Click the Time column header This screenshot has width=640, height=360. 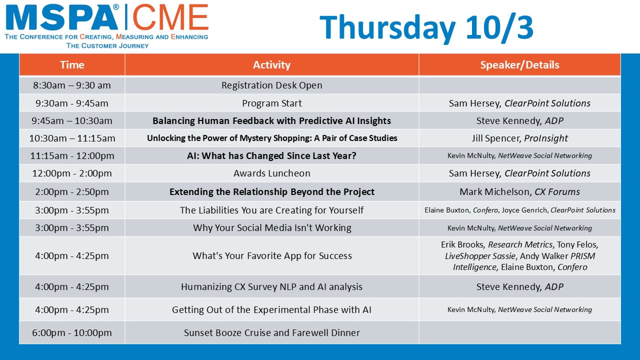72,65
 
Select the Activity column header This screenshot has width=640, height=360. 271,65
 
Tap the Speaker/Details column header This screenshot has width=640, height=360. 519,65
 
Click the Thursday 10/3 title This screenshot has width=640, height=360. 426,27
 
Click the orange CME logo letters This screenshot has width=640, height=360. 170,17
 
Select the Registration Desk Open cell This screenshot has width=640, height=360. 271,85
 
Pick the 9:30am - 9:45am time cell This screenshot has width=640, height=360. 72,103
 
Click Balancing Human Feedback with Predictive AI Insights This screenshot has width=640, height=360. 271,121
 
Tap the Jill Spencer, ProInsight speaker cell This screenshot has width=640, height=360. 519,138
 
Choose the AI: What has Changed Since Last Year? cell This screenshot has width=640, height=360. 271,155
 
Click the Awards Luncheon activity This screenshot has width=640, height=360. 271,173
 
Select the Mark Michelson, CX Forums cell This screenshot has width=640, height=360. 519,191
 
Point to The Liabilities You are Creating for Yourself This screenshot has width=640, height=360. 271,210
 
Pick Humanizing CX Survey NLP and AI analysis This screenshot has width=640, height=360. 271,286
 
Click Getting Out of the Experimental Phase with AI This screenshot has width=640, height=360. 271,309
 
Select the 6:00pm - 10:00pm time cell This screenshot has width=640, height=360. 72,333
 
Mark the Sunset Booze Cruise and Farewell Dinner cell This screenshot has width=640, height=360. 271,333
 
